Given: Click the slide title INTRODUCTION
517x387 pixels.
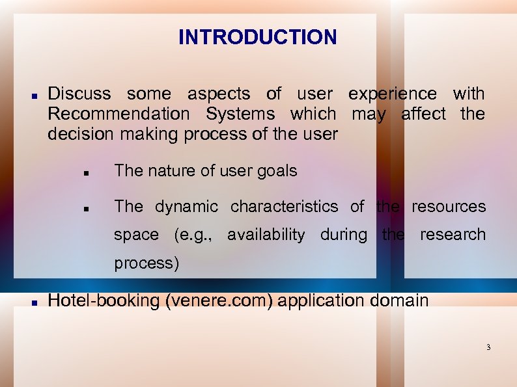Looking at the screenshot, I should tap(258, 37).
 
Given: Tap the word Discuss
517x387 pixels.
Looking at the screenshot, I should tap(79, 94).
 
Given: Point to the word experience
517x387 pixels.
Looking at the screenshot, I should tap(393, 94).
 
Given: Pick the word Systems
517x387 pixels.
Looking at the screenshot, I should tap(240, 114).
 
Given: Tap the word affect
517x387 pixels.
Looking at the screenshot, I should tap(424, 114).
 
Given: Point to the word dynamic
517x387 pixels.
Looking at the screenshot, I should tap(186, 207).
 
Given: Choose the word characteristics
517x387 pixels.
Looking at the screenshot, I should tap(284, 207).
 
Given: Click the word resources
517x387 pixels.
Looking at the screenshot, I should tap(449, 207).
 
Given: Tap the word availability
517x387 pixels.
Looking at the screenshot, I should tap(266, 235).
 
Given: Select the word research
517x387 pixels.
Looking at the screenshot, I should tap(453, 235).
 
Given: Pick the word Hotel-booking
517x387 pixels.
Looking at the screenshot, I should tap(103, 300).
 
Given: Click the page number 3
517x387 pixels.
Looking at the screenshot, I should tap(488, 348).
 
